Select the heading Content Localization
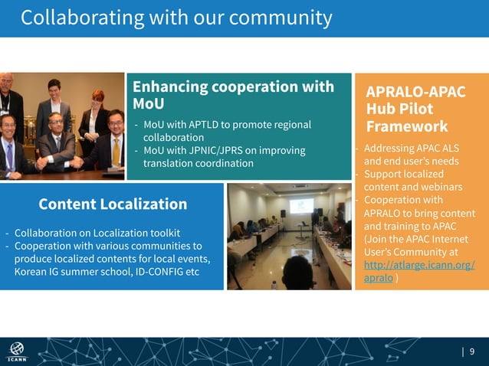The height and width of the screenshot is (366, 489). pyautogui.click(x=113, y=204)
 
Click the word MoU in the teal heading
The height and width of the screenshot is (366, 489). pyautogui.click(x=149, y=103)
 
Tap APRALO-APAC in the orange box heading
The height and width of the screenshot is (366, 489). pyautogui.click(x=415, y=91)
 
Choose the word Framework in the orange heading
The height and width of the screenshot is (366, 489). pyautogui.click(x=406, y=126)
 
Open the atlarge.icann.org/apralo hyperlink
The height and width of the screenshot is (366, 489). pyautogui.click(x=418, y=272)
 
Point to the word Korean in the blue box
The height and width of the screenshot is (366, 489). pyautogui.click(x=31, y=272)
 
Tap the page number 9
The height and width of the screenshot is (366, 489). pyautogui.click(x=472, y=351)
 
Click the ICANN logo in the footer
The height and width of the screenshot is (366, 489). pyautogui.click(x=16, y=351)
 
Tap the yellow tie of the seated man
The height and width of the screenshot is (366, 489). pyautogui.click(x=116, y=152)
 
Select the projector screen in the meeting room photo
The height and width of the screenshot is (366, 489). pyautogui.click(x=300, y=205)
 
